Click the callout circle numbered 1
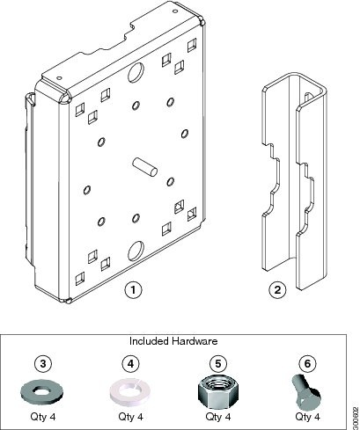131,288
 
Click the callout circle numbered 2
276,288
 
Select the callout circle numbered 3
41,362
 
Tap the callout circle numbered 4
129,362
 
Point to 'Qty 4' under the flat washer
41,416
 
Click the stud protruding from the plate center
144,165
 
